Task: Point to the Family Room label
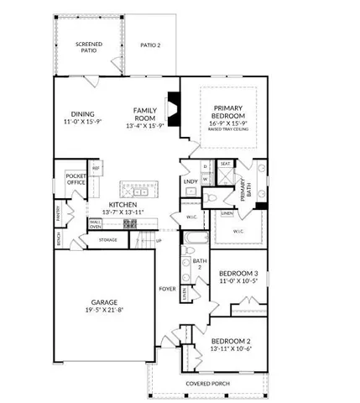click(x=148, y=113)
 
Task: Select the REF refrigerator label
click(x=97, y=169)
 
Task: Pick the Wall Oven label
click(x=96, y=224)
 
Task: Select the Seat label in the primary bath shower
click(x=226, y=165)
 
